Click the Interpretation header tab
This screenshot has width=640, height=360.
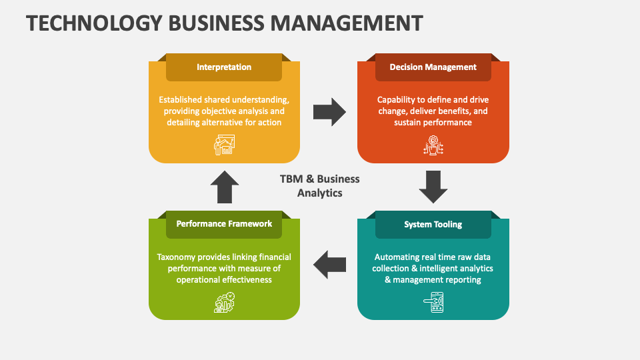point(224,67)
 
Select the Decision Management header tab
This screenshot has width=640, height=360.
point(433,67)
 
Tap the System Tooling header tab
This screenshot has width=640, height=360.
point(433,225)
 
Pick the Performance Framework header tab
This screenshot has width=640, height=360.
point(224,224)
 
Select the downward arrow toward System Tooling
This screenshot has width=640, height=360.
point(433,187)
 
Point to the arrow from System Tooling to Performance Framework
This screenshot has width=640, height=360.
point(329,265)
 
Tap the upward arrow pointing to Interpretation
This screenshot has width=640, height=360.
point(225,187)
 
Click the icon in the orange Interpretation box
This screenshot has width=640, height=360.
point(224,145)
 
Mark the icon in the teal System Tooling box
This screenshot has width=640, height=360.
point(433,302)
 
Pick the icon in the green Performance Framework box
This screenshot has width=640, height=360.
point(224,302)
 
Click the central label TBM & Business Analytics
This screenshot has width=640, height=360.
point(320,186)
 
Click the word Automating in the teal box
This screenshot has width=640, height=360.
point(397,257)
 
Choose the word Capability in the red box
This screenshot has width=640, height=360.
point(398,100)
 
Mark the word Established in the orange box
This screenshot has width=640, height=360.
point(184,100)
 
